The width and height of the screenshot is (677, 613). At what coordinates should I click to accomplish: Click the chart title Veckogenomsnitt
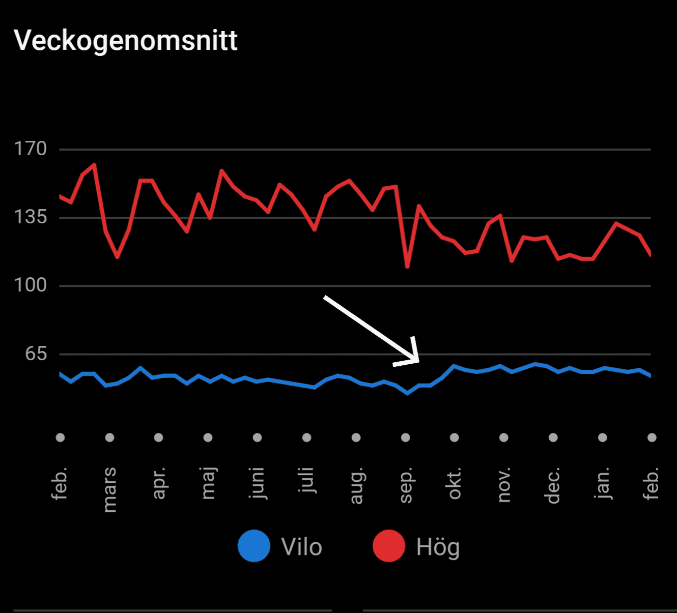click(x=126, y=40)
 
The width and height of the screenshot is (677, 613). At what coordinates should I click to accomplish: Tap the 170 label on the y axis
click(x=31, y=149)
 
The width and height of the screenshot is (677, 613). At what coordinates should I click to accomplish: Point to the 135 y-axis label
click(x=31, y=217)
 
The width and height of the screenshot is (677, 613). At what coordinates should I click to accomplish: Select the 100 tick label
click(x=31, y=285)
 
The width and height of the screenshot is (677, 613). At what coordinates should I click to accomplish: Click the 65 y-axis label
click(x=36, y=354)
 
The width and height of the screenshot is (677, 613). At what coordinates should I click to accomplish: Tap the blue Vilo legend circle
click(x=254, y=546)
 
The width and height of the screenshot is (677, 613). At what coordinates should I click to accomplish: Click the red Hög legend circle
click(x=389, y=546)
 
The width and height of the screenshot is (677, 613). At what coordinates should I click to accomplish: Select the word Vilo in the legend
click(x=301, y=547)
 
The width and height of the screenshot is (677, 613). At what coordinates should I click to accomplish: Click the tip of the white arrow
click(x=418, y=362)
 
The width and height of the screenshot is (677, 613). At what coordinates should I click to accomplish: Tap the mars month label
click(x=109, y=489)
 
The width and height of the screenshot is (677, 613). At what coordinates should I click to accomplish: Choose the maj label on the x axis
click(x=208, y=483)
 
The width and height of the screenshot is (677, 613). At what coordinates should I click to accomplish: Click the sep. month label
click(x=405, y=486)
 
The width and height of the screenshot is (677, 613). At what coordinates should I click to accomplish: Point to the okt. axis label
click(x=454, y=483)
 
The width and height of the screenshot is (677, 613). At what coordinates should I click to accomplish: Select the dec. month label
click(x=553, y=485)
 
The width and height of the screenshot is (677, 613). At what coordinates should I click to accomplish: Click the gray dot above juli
click(x=306, y=437)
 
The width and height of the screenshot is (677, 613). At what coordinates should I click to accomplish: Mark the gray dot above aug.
click(x=356, y=437)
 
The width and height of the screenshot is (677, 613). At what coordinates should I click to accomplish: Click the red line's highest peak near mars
click(x=94, y=165)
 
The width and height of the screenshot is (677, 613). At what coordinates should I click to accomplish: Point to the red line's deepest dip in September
click(x=407, y=267)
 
